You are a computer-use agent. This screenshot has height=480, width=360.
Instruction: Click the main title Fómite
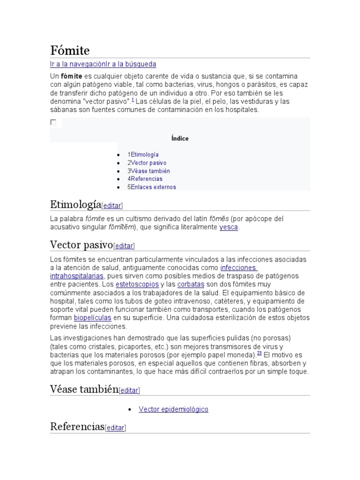click(x=70, y=50)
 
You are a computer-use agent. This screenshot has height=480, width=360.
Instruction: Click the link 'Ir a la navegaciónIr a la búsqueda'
click(x=103, y=64)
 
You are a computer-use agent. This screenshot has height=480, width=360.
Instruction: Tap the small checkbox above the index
click(x=53, y=122)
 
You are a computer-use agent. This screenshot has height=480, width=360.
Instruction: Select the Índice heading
click(x=180, y=138)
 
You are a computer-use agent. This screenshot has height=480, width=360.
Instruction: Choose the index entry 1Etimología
click(x=143, y=154)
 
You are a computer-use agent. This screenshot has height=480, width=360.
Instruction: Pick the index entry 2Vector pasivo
click(x=147, y=163)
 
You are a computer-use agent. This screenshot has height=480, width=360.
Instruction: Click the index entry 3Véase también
click(x=149, y=171)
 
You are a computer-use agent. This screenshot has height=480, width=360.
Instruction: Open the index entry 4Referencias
click(x=145, y=179)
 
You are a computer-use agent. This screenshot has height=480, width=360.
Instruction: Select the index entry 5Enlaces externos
click(x=152, y=187)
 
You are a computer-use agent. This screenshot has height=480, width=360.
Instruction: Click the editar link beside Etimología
click(x=112, y=205)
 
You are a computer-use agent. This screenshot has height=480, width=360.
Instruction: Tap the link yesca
click(x=229, y=227)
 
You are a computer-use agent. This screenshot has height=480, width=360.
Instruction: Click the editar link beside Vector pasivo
click(x=124, y=246)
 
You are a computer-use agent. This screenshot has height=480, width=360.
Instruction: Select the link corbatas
click(x=191, y=284)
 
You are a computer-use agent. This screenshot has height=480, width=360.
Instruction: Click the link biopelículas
click(x=92, y=318)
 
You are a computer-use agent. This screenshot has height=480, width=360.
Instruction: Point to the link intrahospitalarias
click(x=76, y=276)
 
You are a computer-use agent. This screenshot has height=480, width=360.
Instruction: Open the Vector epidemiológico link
click(x=173, y=409)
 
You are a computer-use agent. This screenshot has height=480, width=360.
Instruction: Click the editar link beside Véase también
click(x=129, y=390)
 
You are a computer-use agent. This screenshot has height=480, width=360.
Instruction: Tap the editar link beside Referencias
click(x=115, y=427)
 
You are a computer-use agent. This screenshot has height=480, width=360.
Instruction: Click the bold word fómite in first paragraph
click(x=72, y=76)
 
